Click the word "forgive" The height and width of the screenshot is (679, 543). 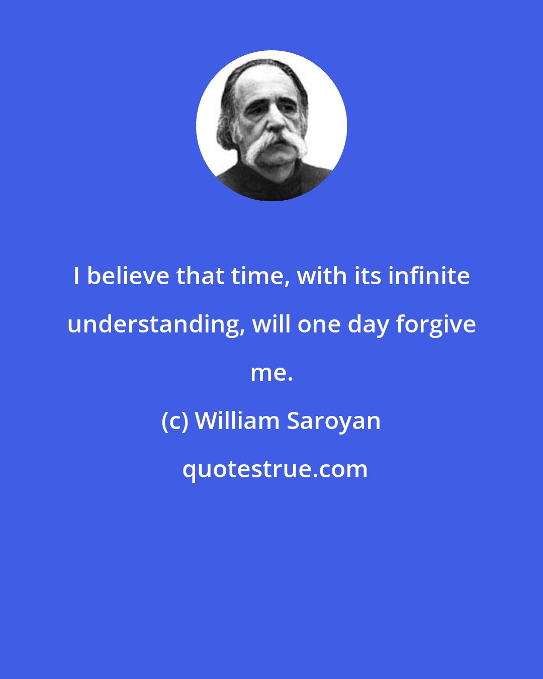[x=435, y=324]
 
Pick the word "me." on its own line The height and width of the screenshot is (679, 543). [x=271, y=373]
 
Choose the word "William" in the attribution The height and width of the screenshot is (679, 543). [x=236, y=421]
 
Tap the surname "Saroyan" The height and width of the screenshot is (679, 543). [x=333, y=421]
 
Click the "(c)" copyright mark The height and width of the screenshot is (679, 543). [x=175, y=421]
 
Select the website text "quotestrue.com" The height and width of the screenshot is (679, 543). [x=275, y=469]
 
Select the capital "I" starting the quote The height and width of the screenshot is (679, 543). [x=76, y=276]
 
